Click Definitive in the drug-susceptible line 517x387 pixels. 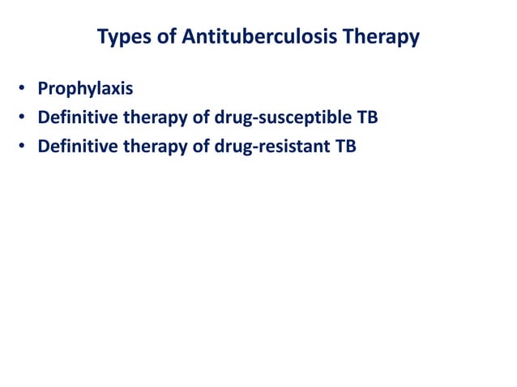coord(77,118)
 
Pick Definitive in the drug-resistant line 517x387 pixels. coord(77,147)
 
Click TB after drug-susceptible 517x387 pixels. coord(367,118)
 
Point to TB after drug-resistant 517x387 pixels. coord(344,147)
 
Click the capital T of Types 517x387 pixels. coord(101,37)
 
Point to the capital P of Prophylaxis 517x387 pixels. coord(43,89)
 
